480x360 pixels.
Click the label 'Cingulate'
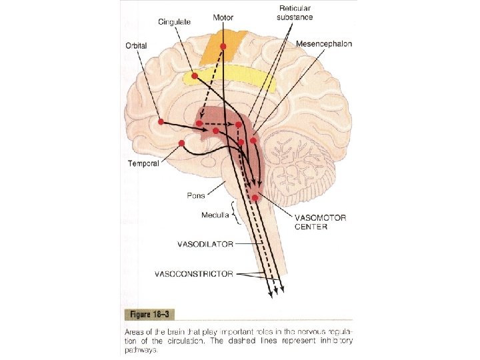click(x=175, y=22)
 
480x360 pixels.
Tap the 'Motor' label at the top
click(x=223, y=17)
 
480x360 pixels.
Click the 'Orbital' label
click(x=136, y=45)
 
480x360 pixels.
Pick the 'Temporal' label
click(x=143, y=164)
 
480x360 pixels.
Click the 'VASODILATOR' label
click(x=205, y=244)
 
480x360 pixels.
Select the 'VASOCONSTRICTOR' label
click(x=194, y=273)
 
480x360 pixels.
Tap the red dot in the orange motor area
click(x=223, y=46)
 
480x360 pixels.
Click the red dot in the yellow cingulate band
click(x=194, y=76)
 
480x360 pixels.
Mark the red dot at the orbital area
click(x=161, y=121)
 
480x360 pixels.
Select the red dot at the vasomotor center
click(x=255, y=197)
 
